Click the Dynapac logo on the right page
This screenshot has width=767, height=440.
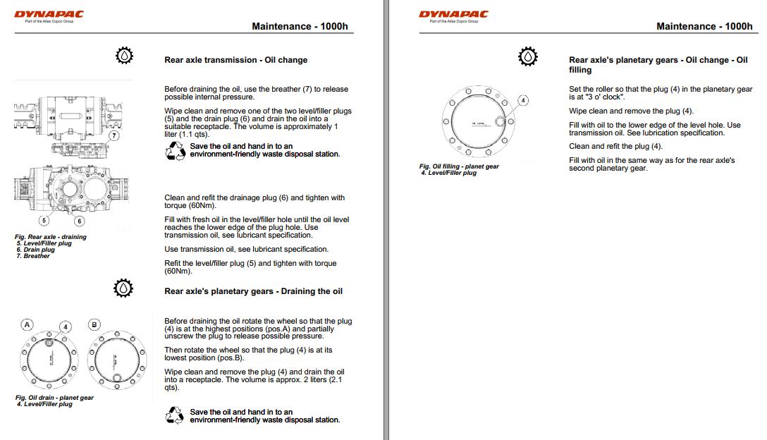(453, 14)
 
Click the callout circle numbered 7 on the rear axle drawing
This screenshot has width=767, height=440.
(113, 135)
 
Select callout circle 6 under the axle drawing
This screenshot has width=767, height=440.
(79, 221)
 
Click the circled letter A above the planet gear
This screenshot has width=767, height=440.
(27, 324)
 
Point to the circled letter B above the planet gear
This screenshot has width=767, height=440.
(94, 324)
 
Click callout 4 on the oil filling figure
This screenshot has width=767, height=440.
(522, 101)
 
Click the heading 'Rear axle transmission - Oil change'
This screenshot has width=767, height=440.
(235, 60)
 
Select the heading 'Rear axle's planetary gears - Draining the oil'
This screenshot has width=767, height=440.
(253, 291)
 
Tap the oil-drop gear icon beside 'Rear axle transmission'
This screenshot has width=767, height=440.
(124, 56)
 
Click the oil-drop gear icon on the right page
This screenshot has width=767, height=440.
(527, 56)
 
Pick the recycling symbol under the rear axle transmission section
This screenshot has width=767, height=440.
(175, 150)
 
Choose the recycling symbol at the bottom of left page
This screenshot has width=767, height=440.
(175, 416)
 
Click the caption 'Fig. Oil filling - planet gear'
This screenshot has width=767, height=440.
(459, 166)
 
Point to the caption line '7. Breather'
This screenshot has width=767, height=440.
(33, 256)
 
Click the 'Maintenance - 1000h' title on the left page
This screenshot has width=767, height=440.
(300, 27)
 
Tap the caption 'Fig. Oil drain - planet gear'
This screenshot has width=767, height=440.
(54, 398)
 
